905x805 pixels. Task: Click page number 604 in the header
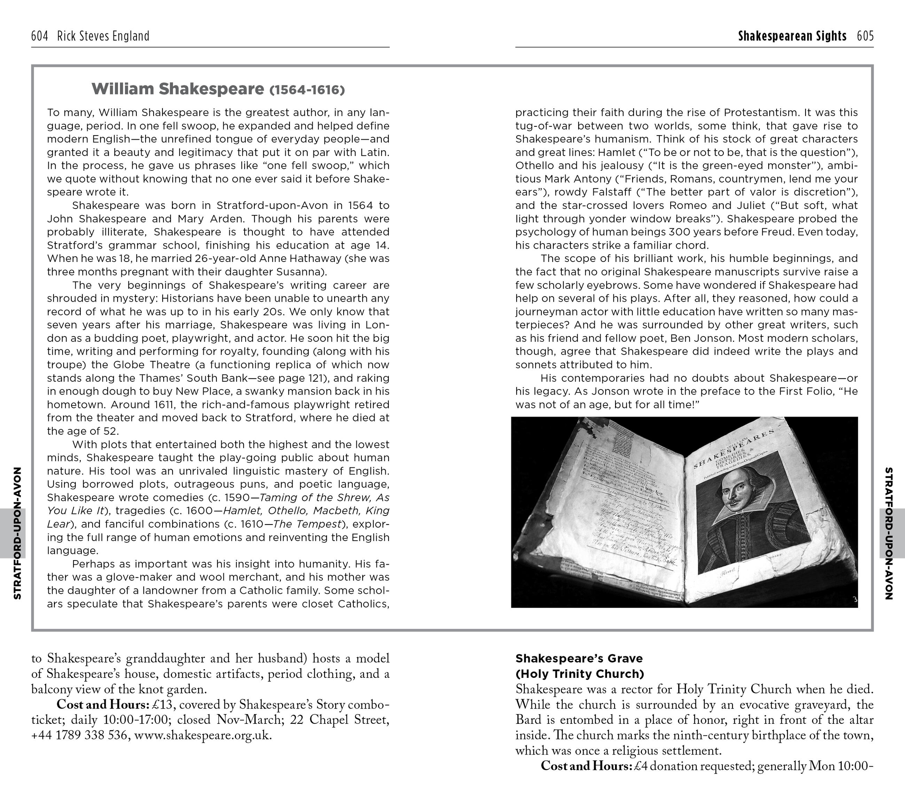[39, 36]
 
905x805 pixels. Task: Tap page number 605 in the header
[865, 36]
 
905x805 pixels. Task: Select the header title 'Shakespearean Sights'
[792, 36]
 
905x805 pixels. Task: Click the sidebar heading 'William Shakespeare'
[178, 89]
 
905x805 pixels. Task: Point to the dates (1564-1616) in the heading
[307, 90]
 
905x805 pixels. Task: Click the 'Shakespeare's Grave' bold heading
[579, 658]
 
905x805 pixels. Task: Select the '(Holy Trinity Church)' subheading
[580, 674]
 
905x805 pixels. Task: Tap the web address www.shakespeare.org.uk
[202, 735]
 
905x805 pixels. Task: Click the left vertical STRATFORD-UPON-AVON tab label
[18, 533]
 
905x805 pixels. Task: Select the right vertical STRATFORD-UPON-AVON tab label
[888, 533]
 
